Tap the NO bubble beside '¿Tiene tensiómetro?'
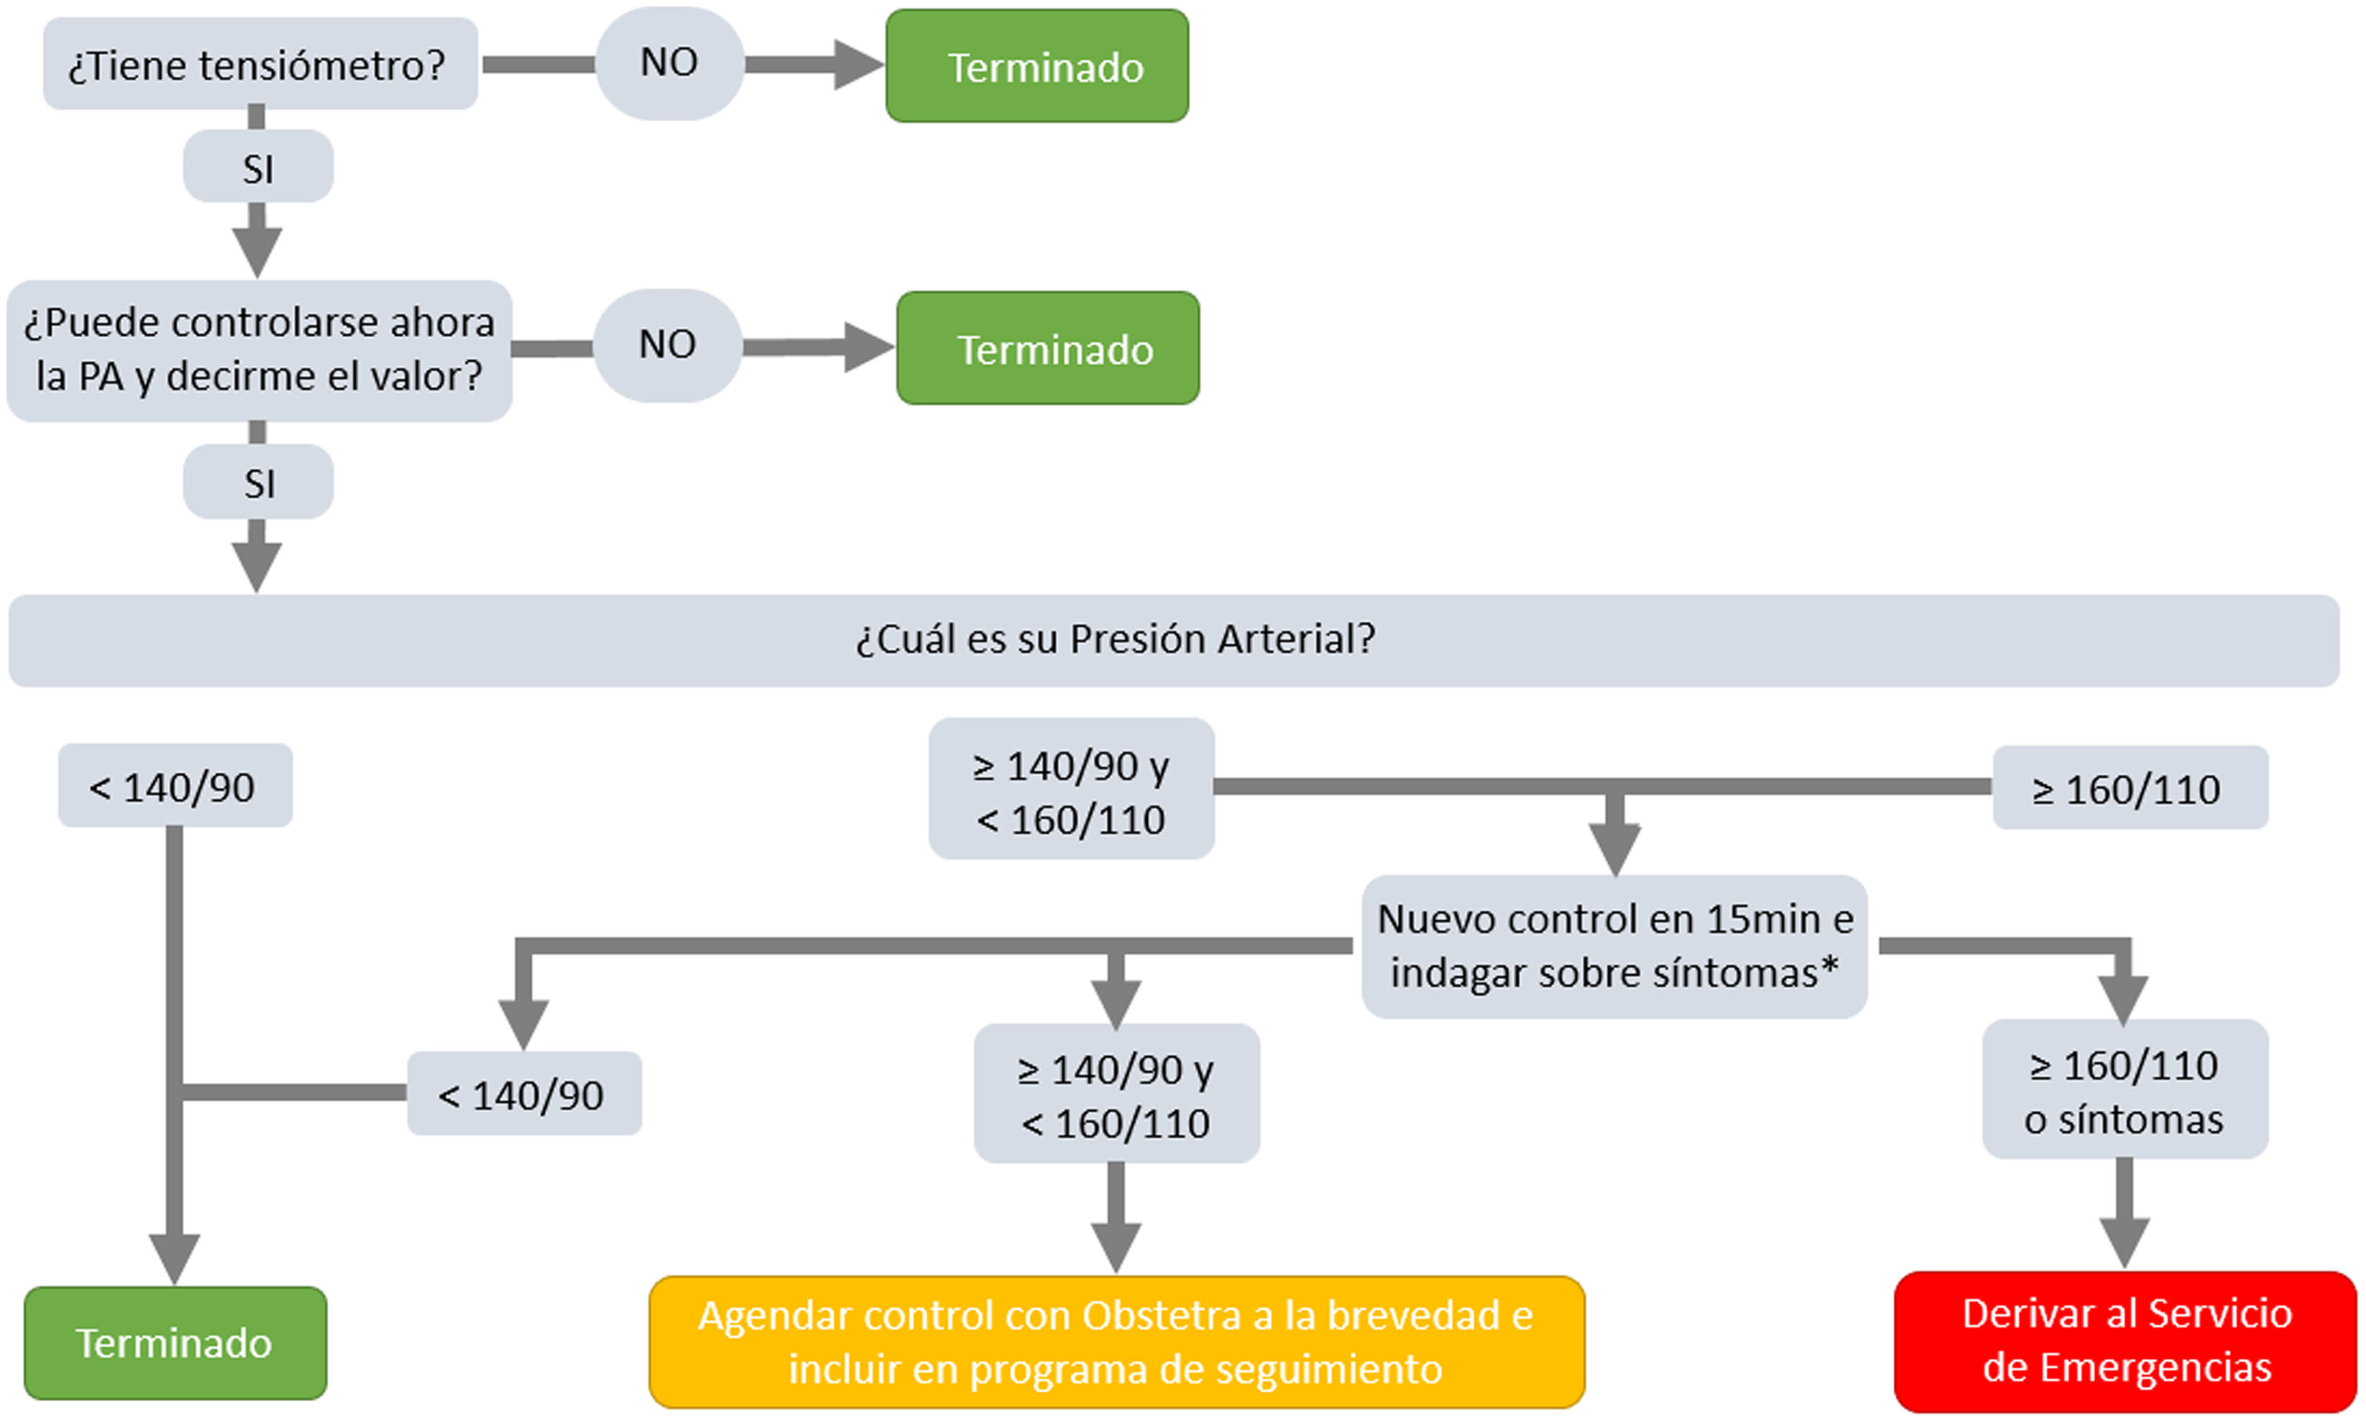click(668, 63)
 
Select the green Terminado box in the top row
click(1036, 66)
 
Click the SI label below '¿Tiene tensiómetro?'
click(259, 169)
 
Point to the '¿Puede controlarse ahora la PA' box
click(259, 350)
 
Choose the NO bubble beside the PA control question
click(668, 345)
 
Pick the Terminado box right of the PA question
click(1047, 349)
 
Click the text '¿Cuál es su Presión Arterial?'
click(1115, 639)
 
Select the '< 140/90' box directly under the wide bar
click(175, 786)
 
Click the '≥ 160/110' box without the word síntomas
click(2130, 789)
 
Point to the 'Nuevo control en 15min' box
click(1614, 946)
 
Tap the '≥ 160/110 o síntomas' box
click(2124, 1091)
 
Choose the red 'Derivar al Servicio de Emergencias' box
click(2125, 1341)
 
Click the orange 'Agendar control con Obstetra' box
click(1116, 1341)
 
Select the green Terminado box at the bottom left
click(175, 1342)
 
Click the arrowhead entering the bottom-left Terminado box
click(175, 1256)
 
